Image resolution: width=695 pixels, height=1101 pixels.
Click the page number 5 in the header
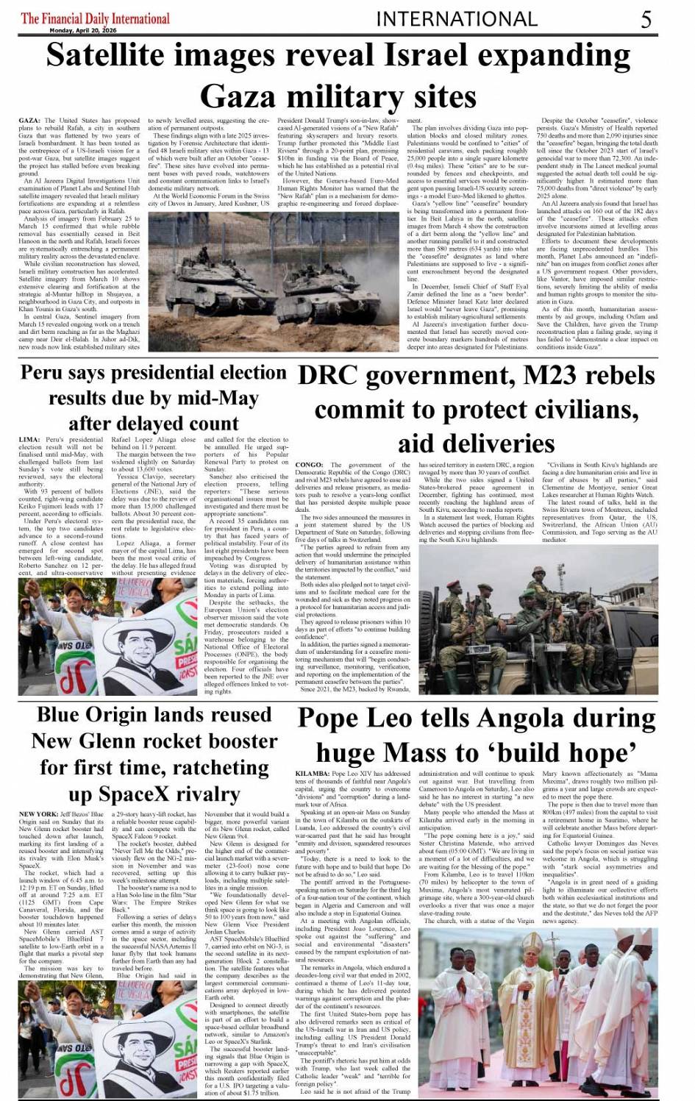click(646, 19)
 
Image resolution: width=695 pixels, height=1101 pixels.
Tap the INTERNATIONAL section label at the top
click(456, 18)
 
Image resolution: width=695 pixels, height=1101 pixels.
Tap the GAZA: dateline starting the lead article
click(29, 120)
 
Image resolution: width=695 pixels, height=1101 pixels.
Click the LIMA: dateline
click(29, 440)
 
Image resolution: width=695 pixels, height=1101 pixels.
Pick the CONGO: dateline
click(308, 465)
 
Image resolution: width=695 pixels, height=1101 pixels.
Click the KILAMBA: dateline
click(312, 774)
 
